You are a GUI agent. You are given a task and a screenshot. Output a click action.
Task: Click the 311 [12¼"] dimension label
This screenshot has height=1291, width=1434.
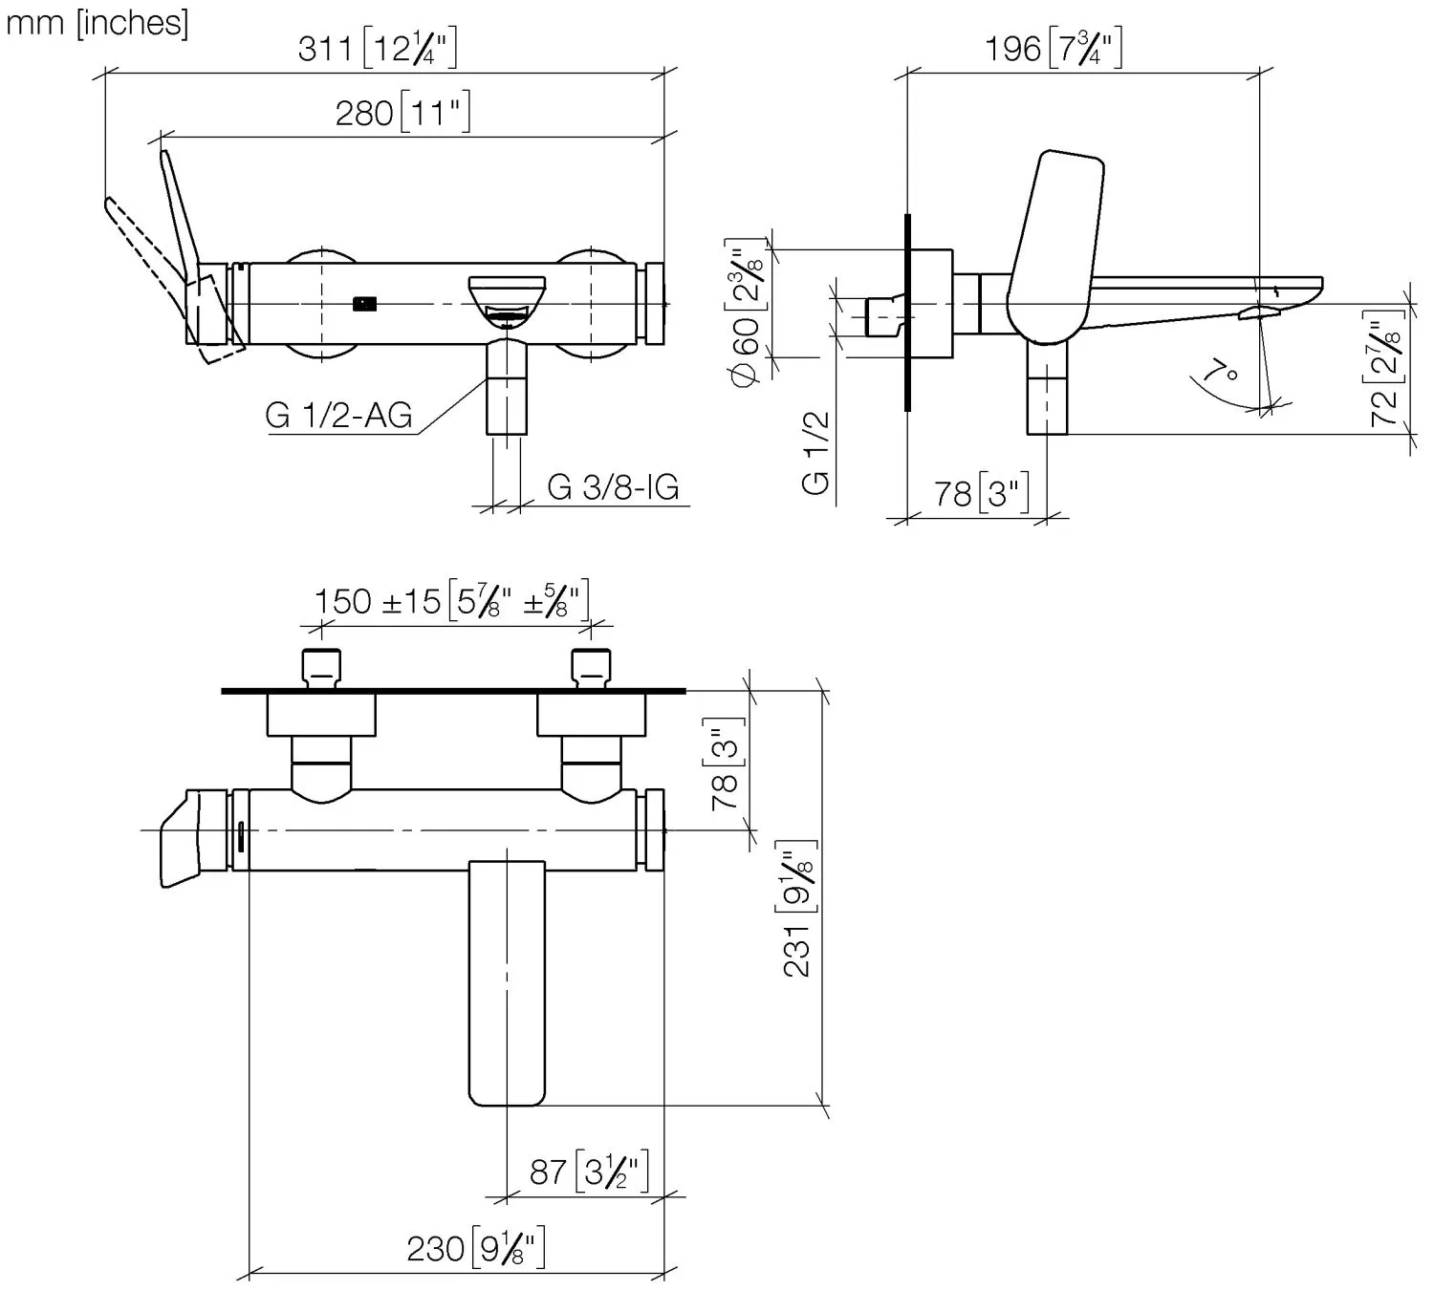coord(377,49)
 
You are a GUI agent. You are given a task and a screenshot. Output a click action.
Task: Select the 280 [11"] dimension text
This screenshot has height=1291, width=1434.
coord(403,113)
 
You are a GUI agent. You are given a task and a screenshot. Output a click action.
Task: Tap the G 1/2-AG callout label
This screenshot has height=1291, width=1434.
coord(338,416)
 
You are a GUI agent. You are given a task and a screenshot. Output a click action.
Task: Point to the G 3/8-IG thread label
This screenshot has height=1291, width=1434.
coord(613,487)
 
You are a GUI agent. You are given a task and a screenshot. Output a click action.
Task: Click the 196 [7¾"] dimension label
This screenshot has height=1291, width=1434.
coord(1053,49)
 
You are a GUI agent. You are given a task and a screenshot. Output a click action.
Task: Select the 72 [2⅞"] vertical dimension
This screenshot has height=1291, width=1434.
coord(1384,369)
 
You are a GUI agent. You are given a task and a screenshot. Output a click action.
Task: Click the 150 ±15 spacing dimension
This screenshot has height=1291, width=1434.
coord(452,601)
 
